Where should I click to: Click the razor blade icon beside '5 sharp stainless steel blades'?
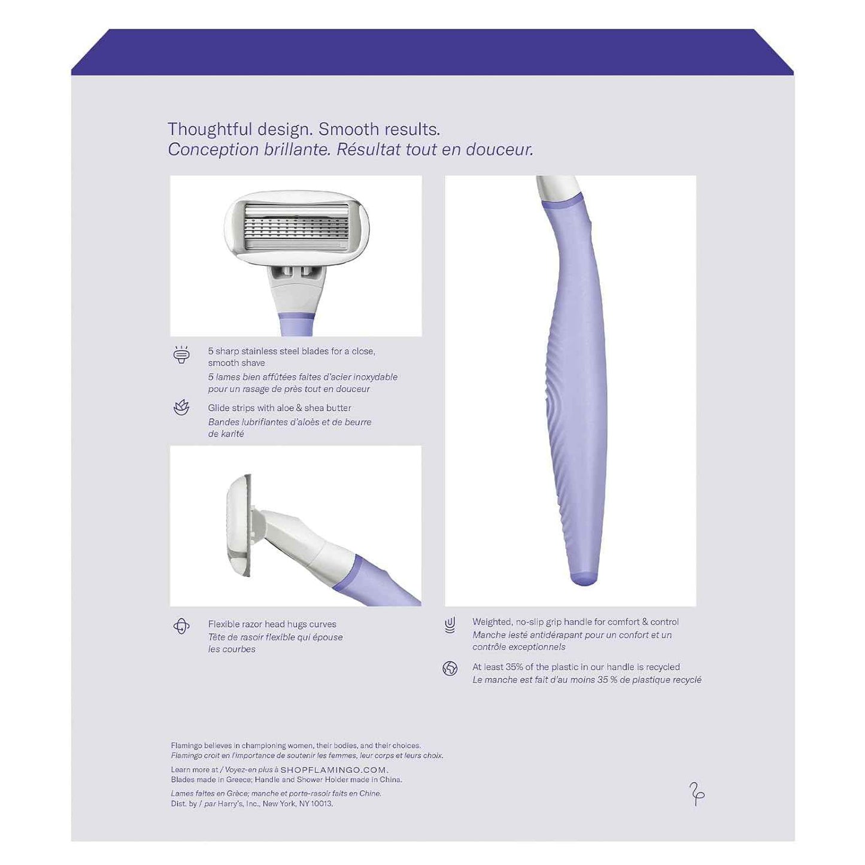tap(181, 355)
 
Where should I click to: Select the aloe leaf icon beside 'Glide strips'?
tap(181, 408)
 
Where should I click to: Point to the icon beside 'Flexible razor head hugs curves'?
tap(181, 626)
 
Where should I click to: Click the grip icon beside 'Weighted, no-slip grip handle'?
tap(450, 624)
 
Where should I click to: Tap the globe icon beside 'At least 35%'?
tap(450, 669)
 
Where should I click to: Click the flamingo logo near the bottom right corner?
tap(697, 794)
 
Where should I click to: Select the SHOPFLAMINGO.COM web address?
tap(334, 770)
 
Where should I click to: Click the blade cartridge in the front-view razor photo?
tap(296, 229)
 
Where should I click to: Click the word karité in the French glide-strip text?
tap(232, 434)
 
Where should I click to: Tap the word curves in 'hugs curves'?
tap(323, 624)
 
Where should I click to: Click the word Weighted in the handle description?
tap(491, 622)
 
